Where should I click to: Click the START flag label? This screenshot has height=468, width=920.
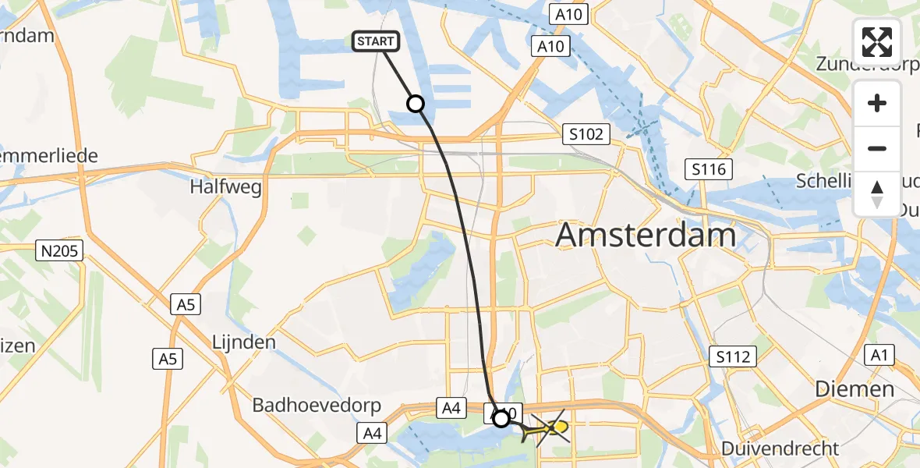coord(377,41)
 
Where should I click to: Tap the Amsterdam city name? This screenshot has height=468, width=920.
coord(646,234)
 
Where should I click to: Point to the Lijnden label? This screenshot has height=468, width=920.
coord(244,342)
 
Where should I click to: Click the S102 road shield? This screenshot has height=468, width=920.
coord(586,134)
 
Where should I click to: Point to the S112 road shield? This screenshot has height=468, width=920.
coord(734,357)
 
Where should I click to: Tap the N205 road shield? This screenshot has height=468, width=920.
coord(60,250)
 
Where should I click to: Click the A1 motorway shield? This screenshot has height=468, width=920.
coord(881,356)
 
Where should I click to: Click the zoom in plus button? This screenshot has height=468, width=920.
coord(877,103)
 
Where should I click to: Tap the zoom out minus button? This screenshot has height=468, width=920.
coord(877,148)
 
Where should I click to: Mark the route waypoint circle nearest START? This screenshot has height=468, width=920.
coord(416,103)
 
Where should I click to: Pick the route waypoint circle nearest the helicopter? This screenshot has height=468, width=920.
coord(501,419)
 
